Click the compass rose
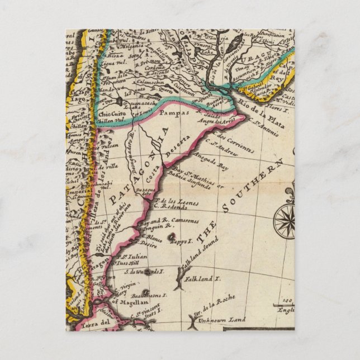point(283,219)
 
